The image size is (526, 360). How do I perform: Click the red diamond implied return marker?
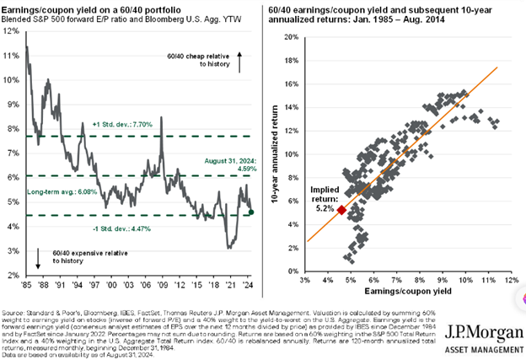[x=341, y=210]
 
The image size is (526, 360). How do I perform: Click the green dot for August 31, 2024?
[x=255, y=212]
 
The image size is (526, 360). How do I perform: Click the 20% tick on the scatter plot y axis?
[x=291, y=38]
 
